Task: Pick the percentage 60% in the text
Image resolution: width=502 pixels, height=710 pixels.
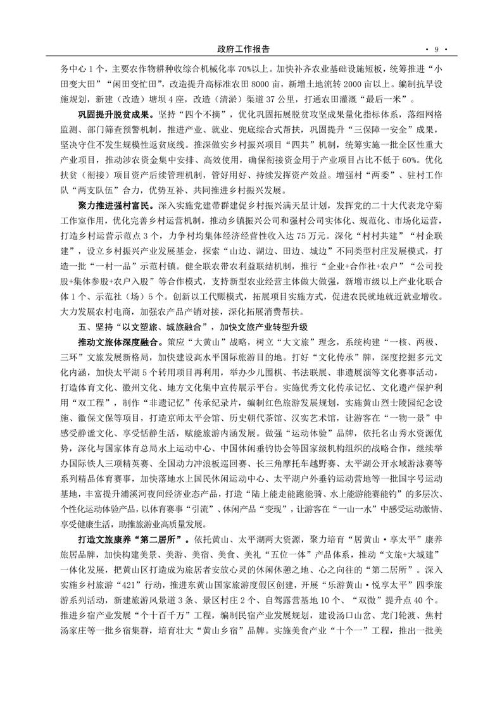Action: click(x=410, y=163)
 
